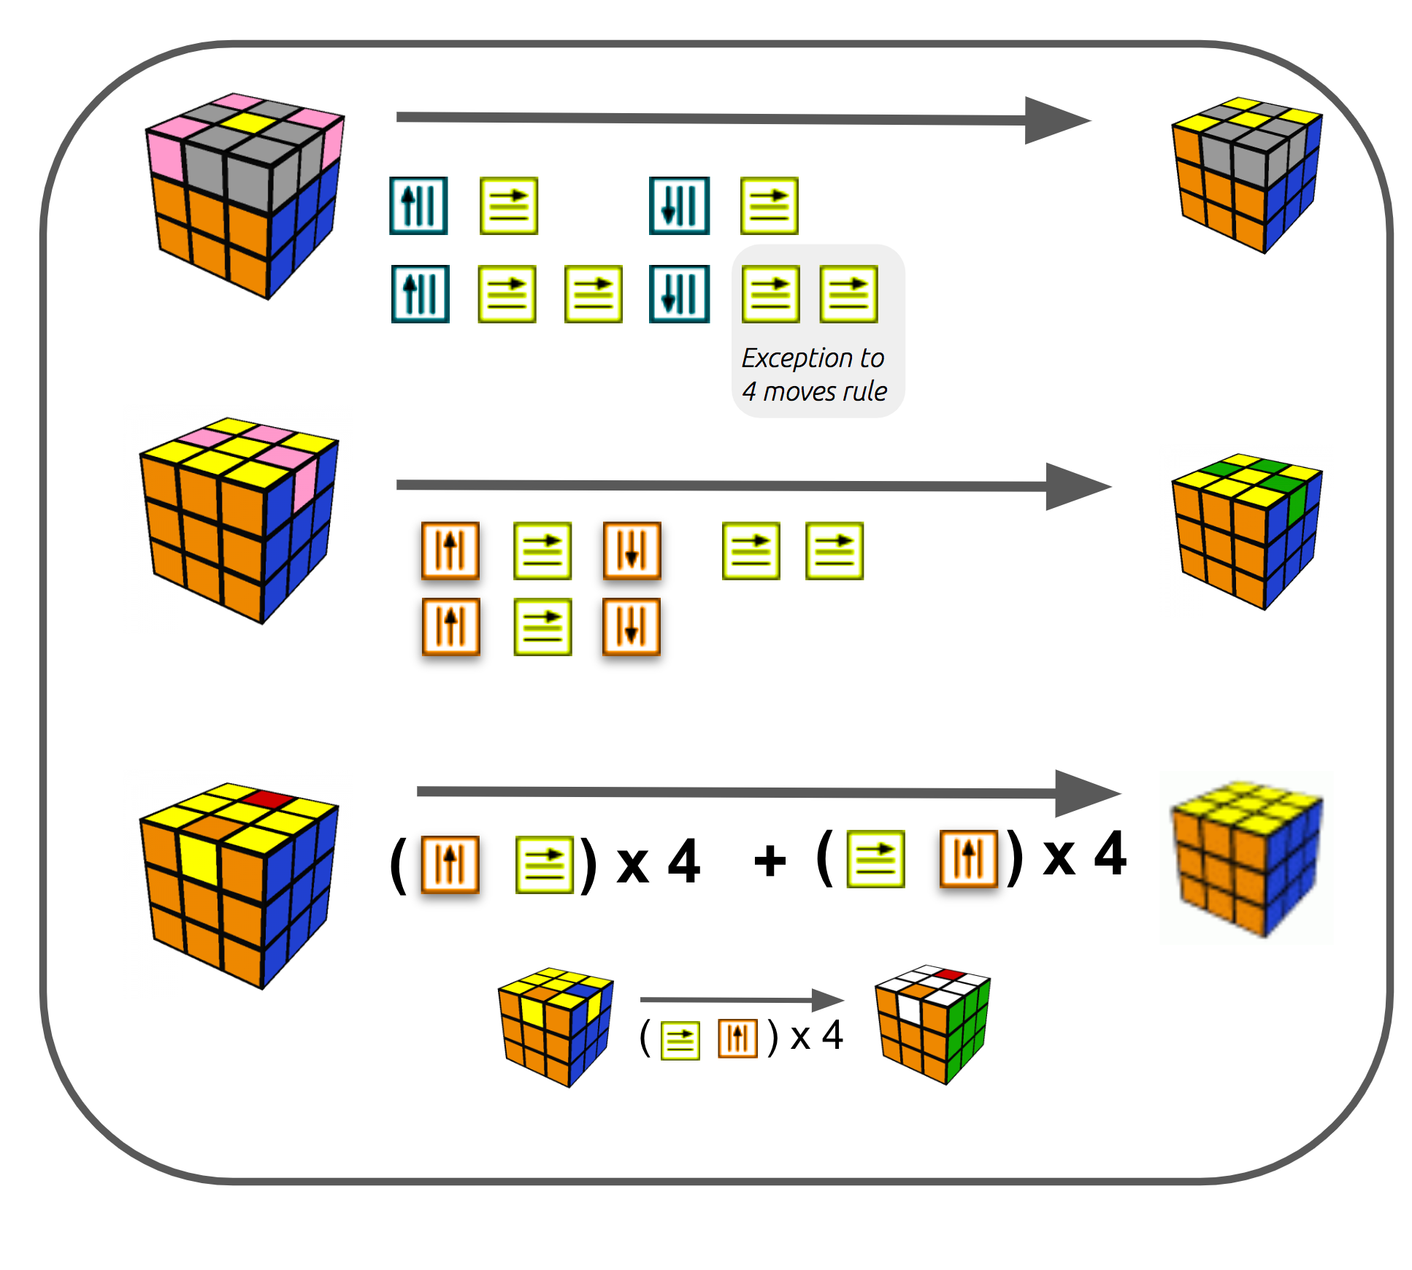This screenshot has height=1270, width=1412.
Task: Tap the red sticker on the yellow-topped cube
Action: tap(269, 798)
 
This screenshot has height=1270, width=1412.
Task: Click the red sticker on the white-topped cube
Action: tap(948, 974)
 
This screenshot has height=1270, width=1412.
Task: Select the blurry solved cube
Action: tap(1246, 858)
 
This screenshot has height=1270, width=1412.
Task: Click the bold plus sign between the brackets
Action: tap(770, 861)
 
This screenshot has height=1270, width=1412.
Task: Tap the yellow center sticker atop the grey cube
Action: tap(248, 122)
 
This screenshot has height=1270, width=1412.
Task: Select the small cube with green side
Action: tap(932, 1025)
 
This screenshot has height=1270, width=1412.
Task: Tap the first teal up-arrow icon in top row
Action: tap(418, 206)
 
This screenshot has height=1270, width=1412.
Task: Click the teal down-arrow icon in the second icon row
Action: tap(679, 294)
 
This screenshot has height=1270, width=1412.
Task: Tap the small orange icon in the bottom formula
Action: tap(737, 1038)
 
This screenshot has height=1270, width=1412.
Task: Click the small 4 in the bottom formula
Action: tap(832, 1035)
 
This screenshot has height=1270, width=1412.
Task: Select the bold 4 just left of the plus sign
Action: tap(684, 861)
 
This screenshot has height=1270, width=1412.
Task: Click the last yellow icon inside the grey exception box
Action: tap(848, 294)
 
